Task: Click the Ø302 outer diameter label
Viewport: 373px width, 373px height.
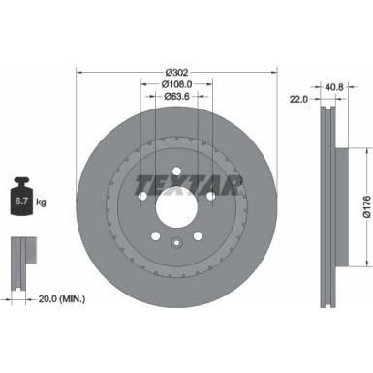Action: (175, 73)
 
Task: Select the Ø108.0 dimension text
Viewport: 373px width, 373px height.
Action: (175, 84)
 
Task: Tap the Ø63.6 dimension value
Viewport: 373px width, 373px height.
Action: (175, 96)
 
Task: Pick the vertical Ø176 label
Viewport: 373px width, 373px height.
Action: (366, 204)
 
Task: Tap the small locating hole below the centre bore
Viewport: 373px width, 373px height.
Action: (175, 242)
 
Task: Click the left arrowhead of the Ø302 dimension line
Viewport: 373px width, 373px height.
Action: (78, 73)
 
